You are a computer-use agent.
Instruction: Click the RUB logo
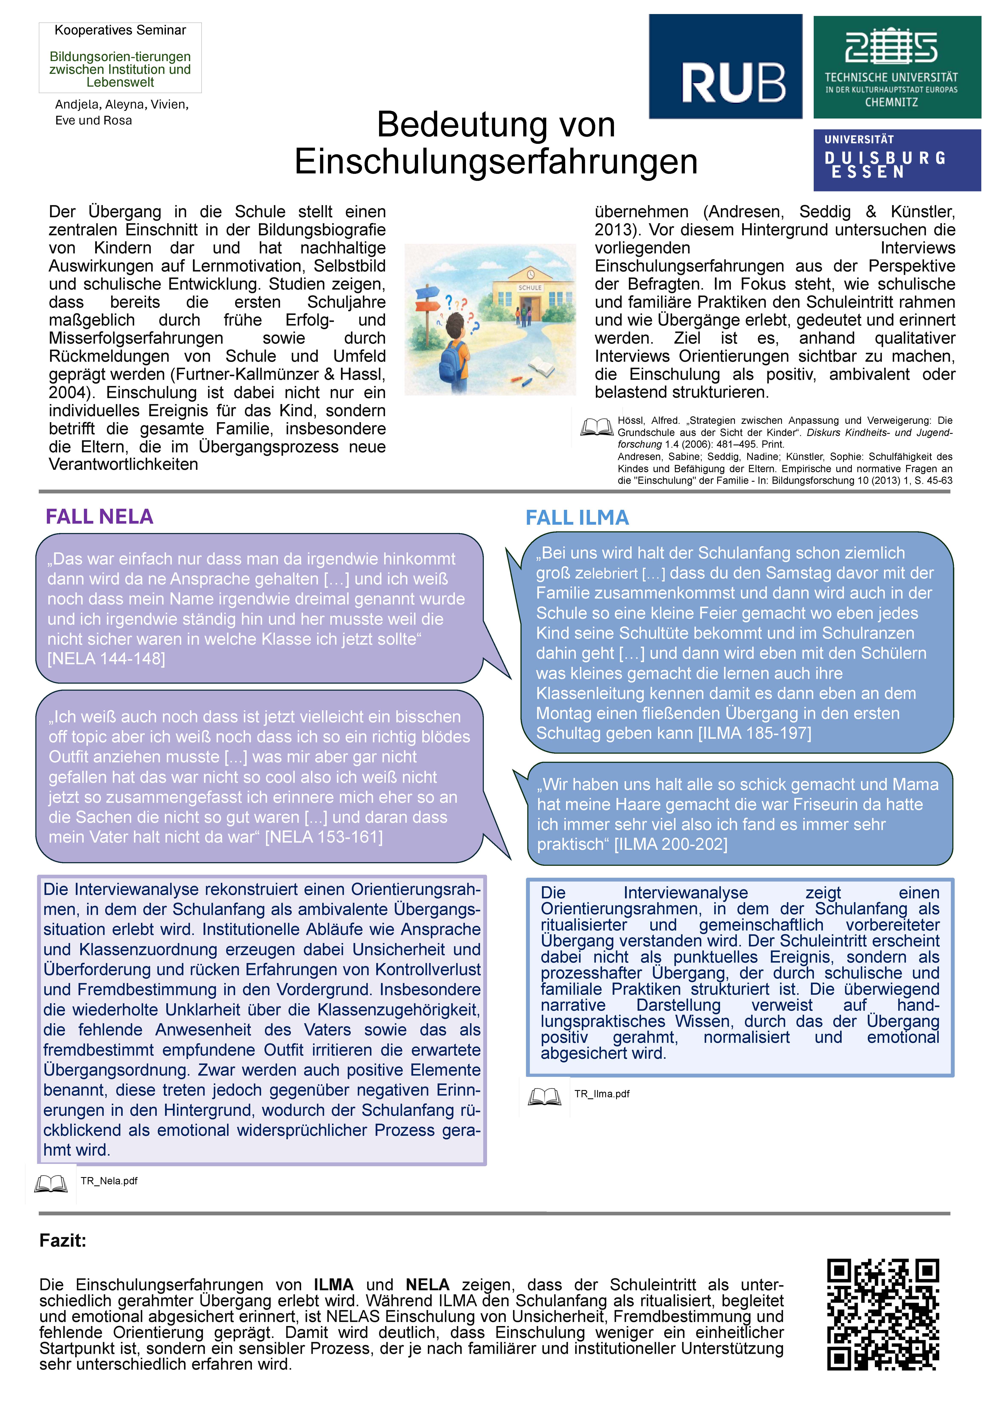click(725, 66)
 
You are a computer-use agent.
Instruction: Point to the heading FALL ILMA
click(577, 518)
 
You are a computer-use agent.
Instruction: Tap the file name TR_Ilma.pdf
click(602, 1094)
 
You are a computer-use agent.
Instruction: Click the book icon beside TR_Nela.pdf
click(51, 1183)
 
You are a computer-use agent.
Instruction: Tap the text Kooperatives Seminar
click(120, 30)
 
